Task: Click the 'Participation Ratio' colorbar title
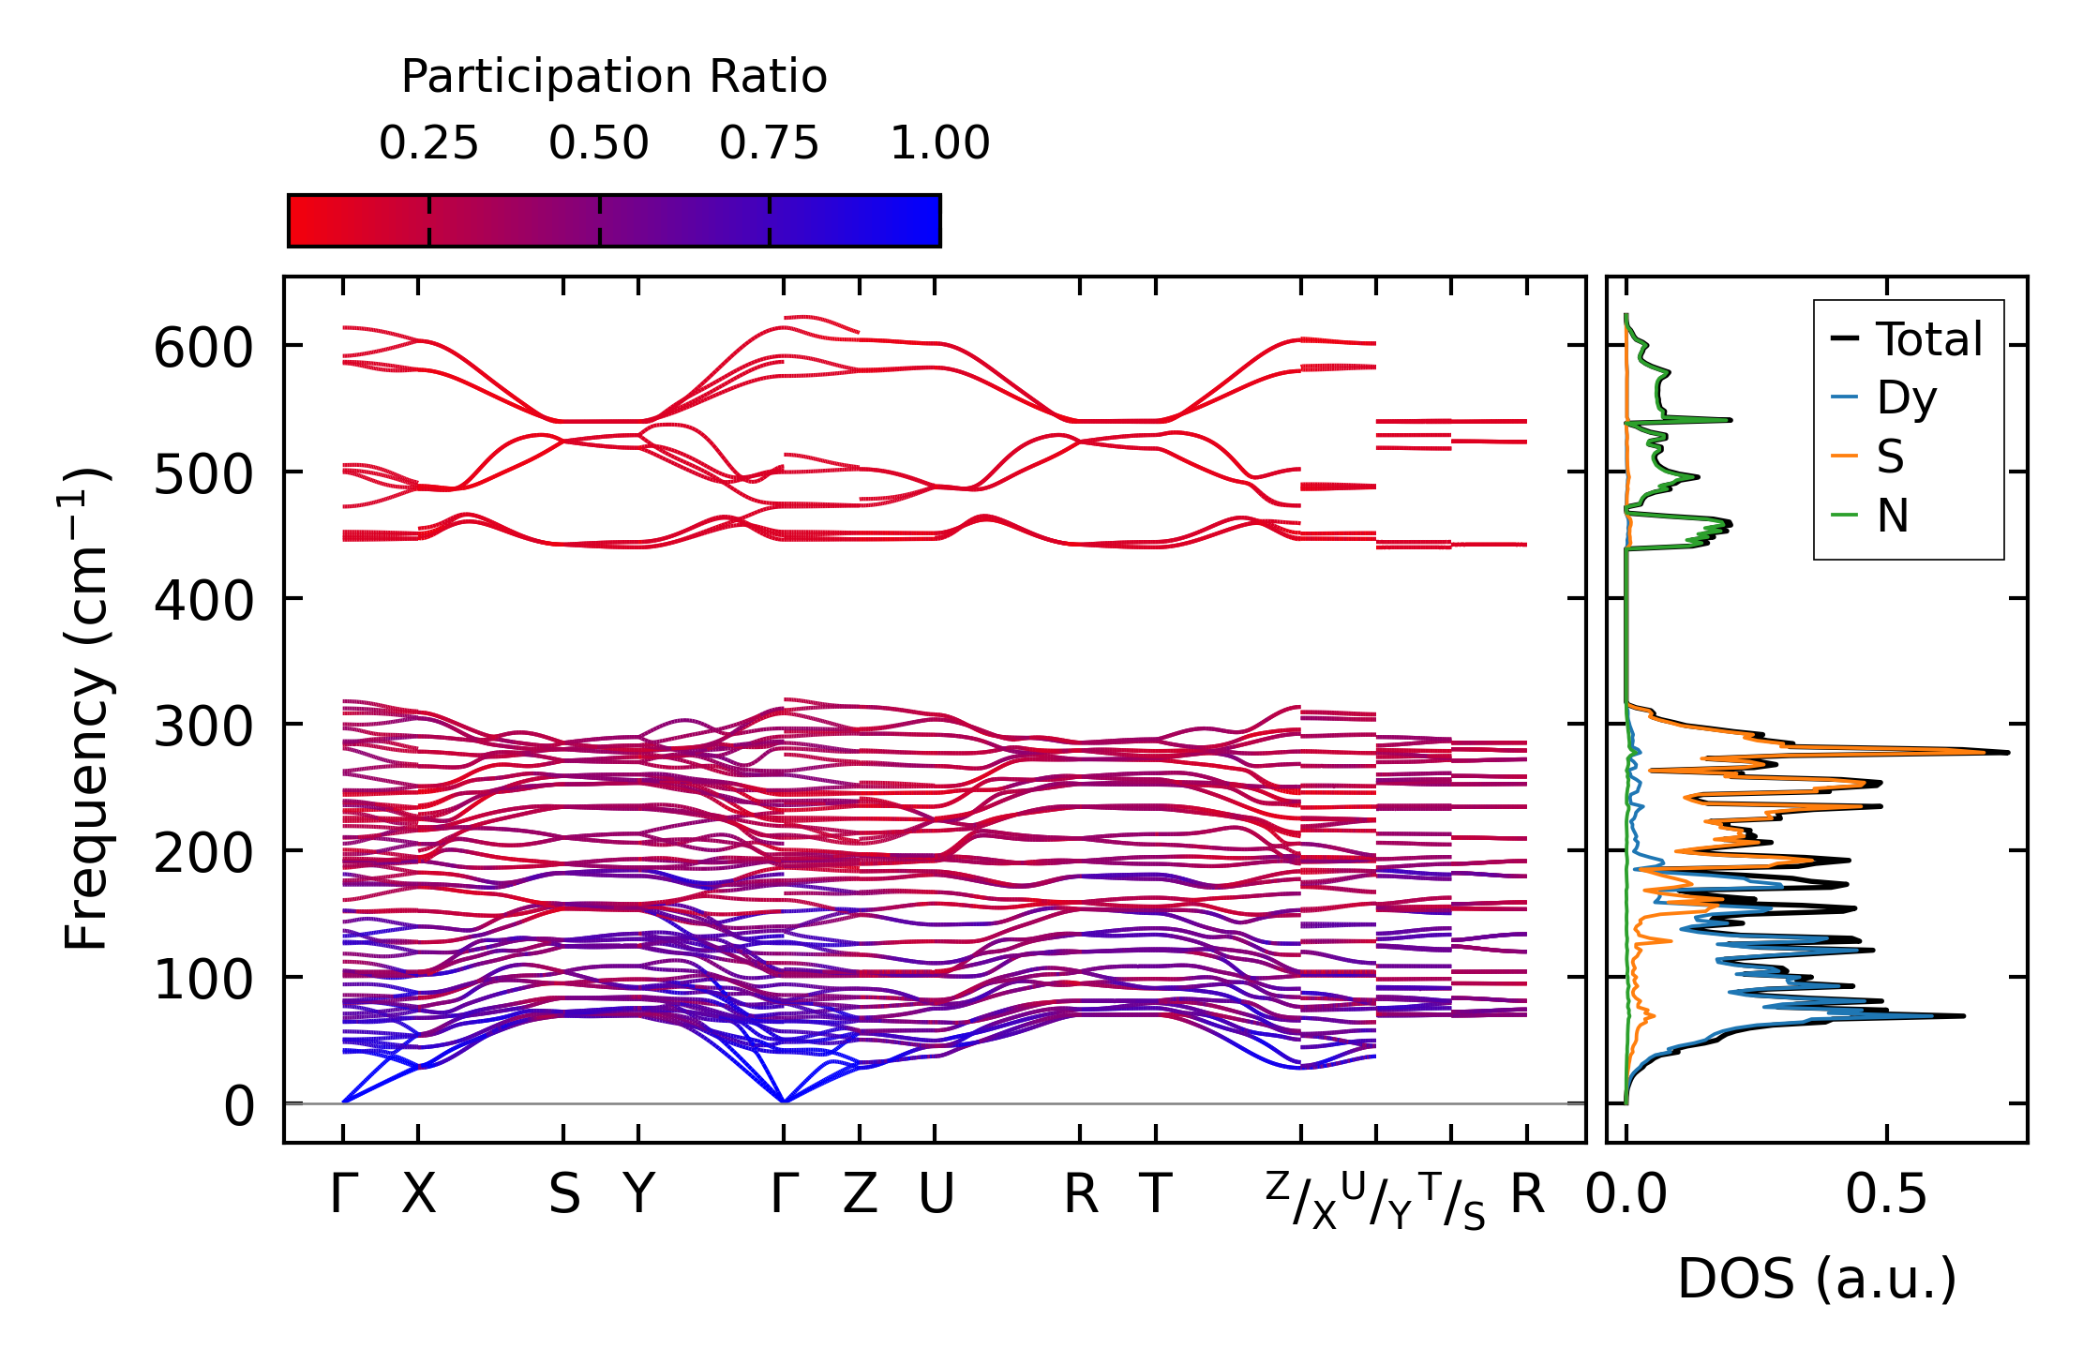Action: (x=614, y=77)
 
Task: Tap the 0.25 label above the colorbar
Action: (x=428, y=143)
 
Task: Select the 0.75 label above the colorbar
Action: (x=769, y=143)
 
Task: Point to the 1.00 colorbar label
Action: (x=939, y=143)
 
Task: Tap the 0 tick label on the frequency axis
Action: (x=239, y=1106)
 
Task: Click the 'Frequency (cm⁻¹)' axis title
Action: (x=86, y=709)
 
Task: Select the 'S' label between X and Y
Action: (x=563, y=1194)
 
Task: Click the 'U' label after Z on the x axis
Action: (x=936, y=1194)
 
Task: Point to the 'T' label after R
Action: (x=1156, y=1194)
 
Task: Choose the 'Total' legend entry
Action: (x=1927, y=339)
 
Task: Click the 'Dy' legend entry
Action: (x=1905, y=398)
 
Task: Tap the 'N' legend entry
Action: (x=1892, y=516)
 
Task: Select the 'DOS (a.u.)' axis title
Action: (x=1817, y=1279)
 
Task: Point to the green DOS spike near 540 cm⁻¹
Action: (x=1729, y=420)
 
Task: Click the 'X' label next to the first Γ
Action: (x=419, y=1194)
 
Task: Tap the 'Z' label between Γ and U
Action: (x=860, y=1194)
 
